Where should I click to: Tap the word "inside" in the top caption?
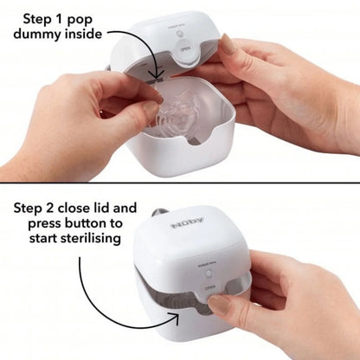(x=87, y=35)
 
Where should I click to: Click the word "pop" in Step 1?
(x=89, y=16)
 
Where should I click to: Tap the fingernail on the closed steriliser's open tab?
(x=222, y=303)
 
